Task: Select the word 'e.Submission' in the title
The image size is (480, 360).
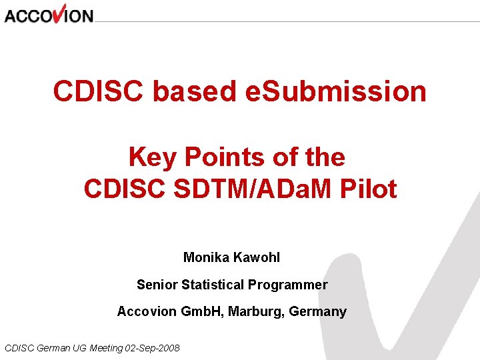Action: (x=336, y=91)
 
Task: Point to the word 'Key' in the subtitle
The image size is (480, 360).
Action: (x=152, y=157)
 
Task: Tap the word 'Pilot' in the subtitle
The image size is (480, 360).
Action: (x=368, y=189)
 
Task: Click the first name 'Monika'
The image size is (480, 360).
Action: (x=205, y=257)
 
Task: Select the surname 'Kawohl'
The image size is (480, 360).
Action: (x=261, y=257)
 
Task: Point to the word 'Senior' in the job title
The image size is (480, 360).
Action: (x=157, y=285)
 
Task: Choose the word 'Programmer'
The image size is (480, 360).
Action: (x=288, y=285)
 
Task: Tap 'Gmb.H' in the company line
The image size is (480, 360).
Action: (x=201, y=311)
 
